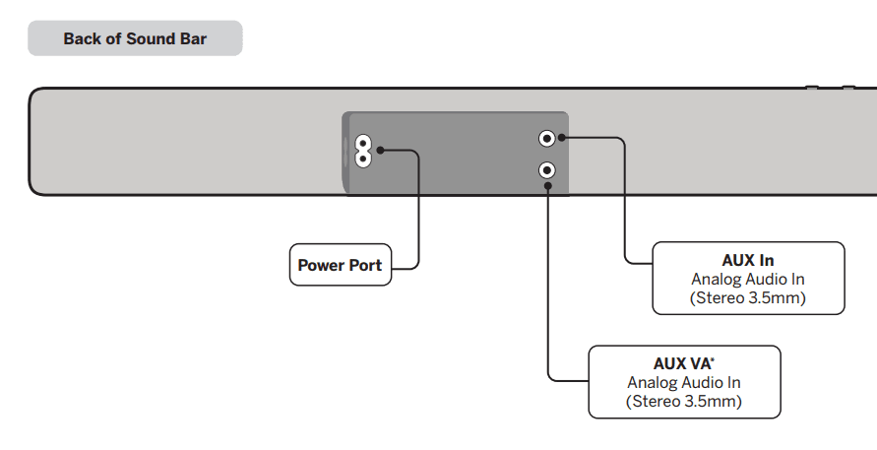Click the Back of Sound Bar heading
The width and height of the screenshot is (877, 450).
[135, 39]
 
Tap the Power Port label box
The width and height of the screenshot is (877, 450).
[341, 265]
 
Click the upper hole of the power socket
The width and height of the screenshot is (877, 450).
[362, 143]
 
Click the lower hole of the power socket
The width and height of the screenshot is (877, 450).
[362, 158]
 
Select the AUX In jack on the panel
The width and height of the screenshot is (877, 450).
[547, 139]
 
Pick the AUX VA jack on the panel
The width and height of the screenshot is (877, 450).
[547, 170]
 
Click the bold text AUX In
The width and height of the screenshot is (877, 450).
[748, 261]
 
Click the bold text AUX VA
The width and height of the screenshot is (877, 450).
[681, 363]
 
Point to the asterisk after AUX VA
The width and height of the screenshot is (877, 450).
[713, 359]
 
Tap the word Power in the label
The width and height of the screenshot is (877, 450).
[320, 265]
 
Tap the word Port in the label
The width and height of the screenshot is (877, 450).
[364, 265]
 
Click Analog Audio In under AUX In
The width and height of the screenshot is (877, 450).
[748, 280]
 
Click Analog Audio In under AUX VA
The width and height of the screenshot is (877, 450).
[684, 382]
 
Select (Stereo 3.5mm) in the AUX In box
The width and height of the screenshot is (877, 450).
[748, 297]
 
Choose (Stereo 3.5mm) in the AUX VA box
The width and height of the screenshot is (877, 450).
[684, 401]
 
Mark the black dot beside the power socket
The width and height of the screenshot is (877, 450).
[380, 151]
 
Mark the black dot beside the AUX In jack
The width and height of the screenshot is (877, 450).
[563, 139]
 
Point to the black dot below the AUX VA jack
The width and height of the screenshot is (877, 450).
[547, 187]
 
